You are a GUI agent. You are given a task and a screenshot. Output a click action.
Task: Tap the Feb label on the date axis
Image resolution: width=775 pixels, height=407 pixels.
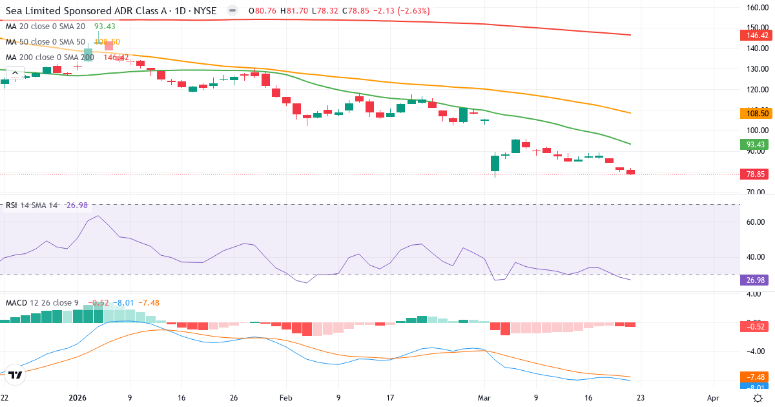coord(285,398)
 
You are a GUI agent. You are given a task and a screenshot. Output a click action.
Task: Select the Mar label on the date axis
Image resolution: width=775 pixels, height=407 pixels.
coord(484,398)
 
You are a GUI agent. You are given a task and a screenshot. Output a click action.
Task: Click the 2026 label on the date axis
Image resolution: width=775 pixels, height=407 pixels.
coord(77,398)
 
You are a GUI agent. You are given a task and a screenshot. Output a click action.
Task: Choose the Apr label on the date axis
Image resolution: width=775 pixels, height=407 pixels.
coord(713,398)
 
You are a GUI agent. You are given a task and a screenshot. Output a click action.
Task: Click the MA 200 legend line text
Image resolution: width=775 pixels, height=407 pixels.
coord(50,57)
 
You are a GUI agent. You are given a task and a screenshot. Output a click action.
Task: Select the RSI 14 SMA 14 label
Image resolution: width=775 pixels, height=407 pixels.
coord(32,205)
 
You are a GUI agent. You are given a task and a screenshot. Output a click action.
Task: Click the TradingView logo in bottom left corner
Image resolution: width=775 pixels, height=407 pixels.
coord(15,374)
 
